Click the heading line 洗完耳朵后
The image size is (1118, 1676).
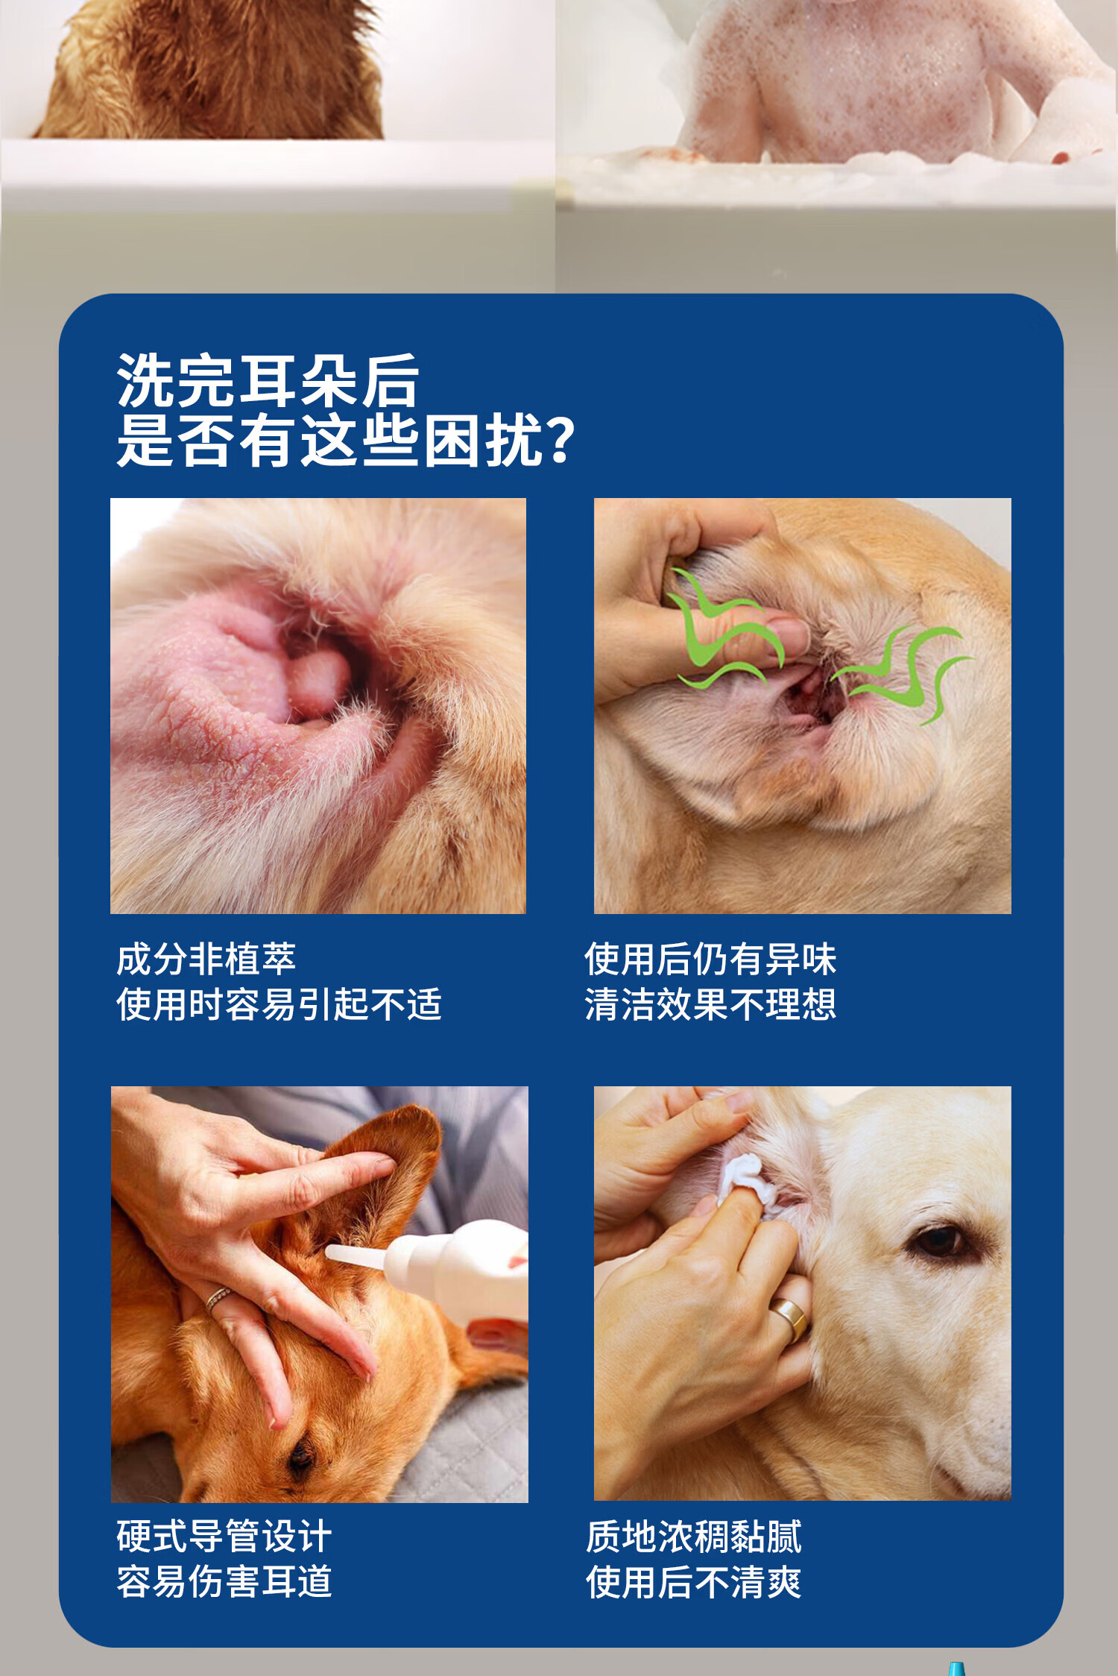tap(268, 380)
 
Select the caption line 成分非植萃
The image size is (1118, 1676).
tap(206, 959)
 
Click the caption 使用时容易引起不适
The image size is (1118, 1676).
tap(279, 1004)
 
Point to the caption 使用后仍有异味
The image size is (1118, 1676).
tap(710, 959)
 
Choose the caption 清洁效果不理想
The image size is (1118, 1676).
tap(710, 1004)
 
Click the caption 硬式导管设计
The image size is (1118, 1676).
tap(224, 1536)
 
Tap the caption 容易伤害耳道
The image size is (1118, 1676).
tap(224, 1581)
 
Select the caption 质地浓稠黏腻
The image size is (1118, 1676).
tap(693, 1536)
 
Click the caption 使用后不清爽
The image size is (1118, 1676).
tap(693, 1581)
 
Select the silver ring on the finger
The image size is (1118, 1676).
tap(218, 1299)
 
